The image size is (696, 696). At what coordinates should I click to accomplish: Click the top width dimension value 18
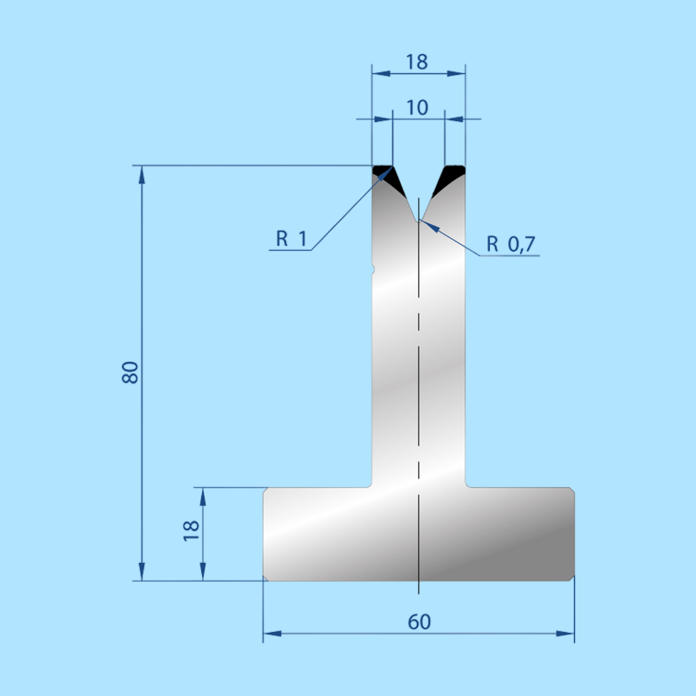point(417,62)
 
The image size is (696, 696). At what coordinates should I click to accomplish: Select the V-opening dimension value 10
point(417,108)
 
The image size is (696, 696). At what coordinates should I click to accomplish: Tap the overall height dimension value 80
point(130,372)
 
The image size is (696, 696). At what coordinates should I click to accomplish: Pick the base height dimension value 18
point(191,530)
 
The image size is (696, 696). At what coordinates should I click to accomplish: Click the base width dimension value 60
point(419,622)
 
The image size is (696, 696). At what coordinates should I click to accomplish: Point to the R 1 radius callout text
point(292,239)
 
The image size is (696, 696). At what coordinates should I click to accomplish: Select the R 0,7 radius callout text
point(511,244)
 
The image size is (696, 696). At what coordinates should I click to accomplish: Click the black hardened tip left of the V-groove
point(388,178)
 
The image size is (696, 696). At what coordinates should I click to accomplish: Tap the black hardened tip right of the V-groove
point(449,178)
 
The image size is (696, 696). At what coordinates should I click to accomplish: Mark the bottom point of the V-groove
point(419,222)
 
